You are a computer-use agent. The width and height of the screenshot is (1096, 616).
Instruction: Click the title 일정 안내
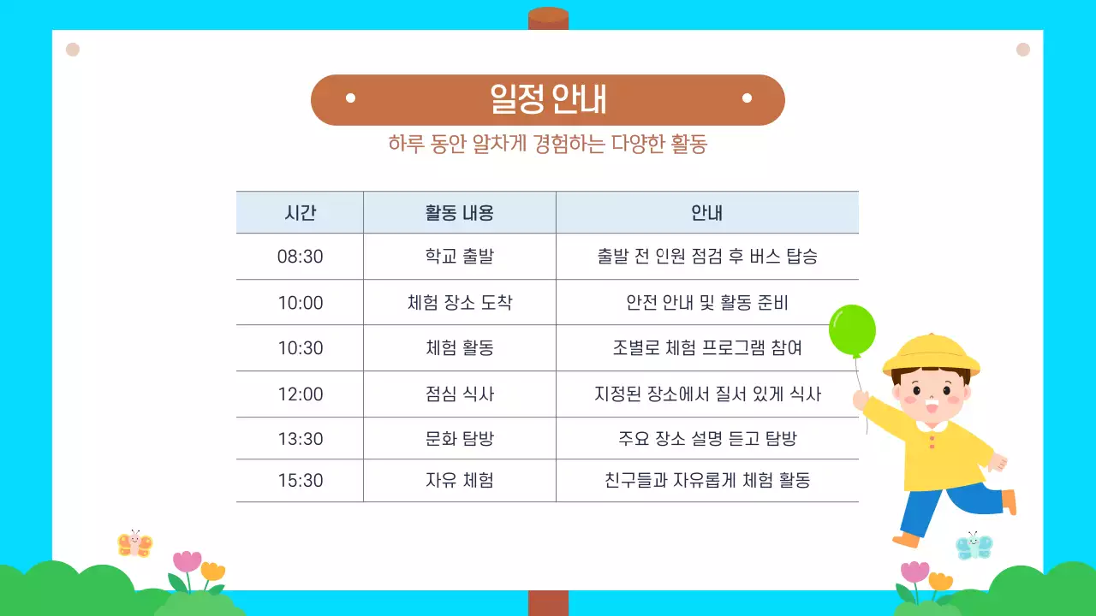pos(548,99)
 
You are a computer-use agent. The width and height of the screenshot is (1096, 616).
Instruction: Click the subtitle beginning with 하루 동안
pos(548,144)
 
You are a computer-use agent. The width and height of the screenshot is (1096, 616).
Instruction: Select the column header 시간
pos(300,213)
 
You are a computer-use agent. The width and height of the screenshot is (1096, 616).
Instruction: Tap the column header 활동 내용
pos(460,213)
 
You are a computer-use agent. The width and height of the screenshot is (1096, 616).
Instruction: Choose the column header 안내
pos(707,213)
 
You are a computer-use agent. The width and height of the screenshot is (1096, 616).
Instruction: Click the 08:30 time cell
pos(300,257)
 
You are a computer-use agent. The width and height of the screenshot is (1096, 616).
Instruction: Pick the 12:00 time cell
pos(300,394)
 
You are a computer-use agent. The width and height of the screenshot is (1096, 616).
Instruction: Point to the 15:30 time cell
pos(300,481)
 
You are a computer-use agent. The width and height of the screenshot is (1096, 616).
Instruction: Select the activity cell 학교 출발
pos(460,257)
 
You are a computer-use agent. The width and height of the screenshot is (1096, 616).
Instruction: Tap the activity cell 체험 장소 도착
pos(460,303)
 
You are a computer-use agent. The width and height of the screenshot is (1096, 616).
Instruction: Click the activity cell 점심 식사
pos(460,394)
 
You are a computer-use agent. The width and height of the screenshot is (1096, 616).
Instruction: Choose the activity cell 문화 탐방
pos(460,439)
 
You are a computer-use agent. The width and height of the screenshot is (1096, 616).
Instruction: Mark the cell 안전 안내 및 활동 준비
pos(707,303)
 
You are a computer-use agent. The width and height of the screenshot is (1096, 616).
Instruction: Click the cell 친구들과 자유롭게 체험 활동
pos(707,481)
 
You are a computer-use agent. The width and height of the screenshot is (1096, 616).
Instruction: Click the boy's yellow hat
pos(931,352)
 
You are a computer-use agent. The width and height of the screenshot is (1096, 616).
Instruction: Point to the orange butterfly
pos(134,544)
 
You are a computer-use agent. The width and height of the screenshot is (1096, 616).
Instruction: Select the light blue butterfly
pos(974,546)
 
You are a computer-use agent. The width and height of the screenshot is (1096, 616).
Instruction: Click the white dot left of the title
pos(350,98)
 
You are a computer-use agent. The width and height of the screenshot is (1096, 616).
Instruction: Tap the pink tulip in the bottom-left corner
pos(187,562)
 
